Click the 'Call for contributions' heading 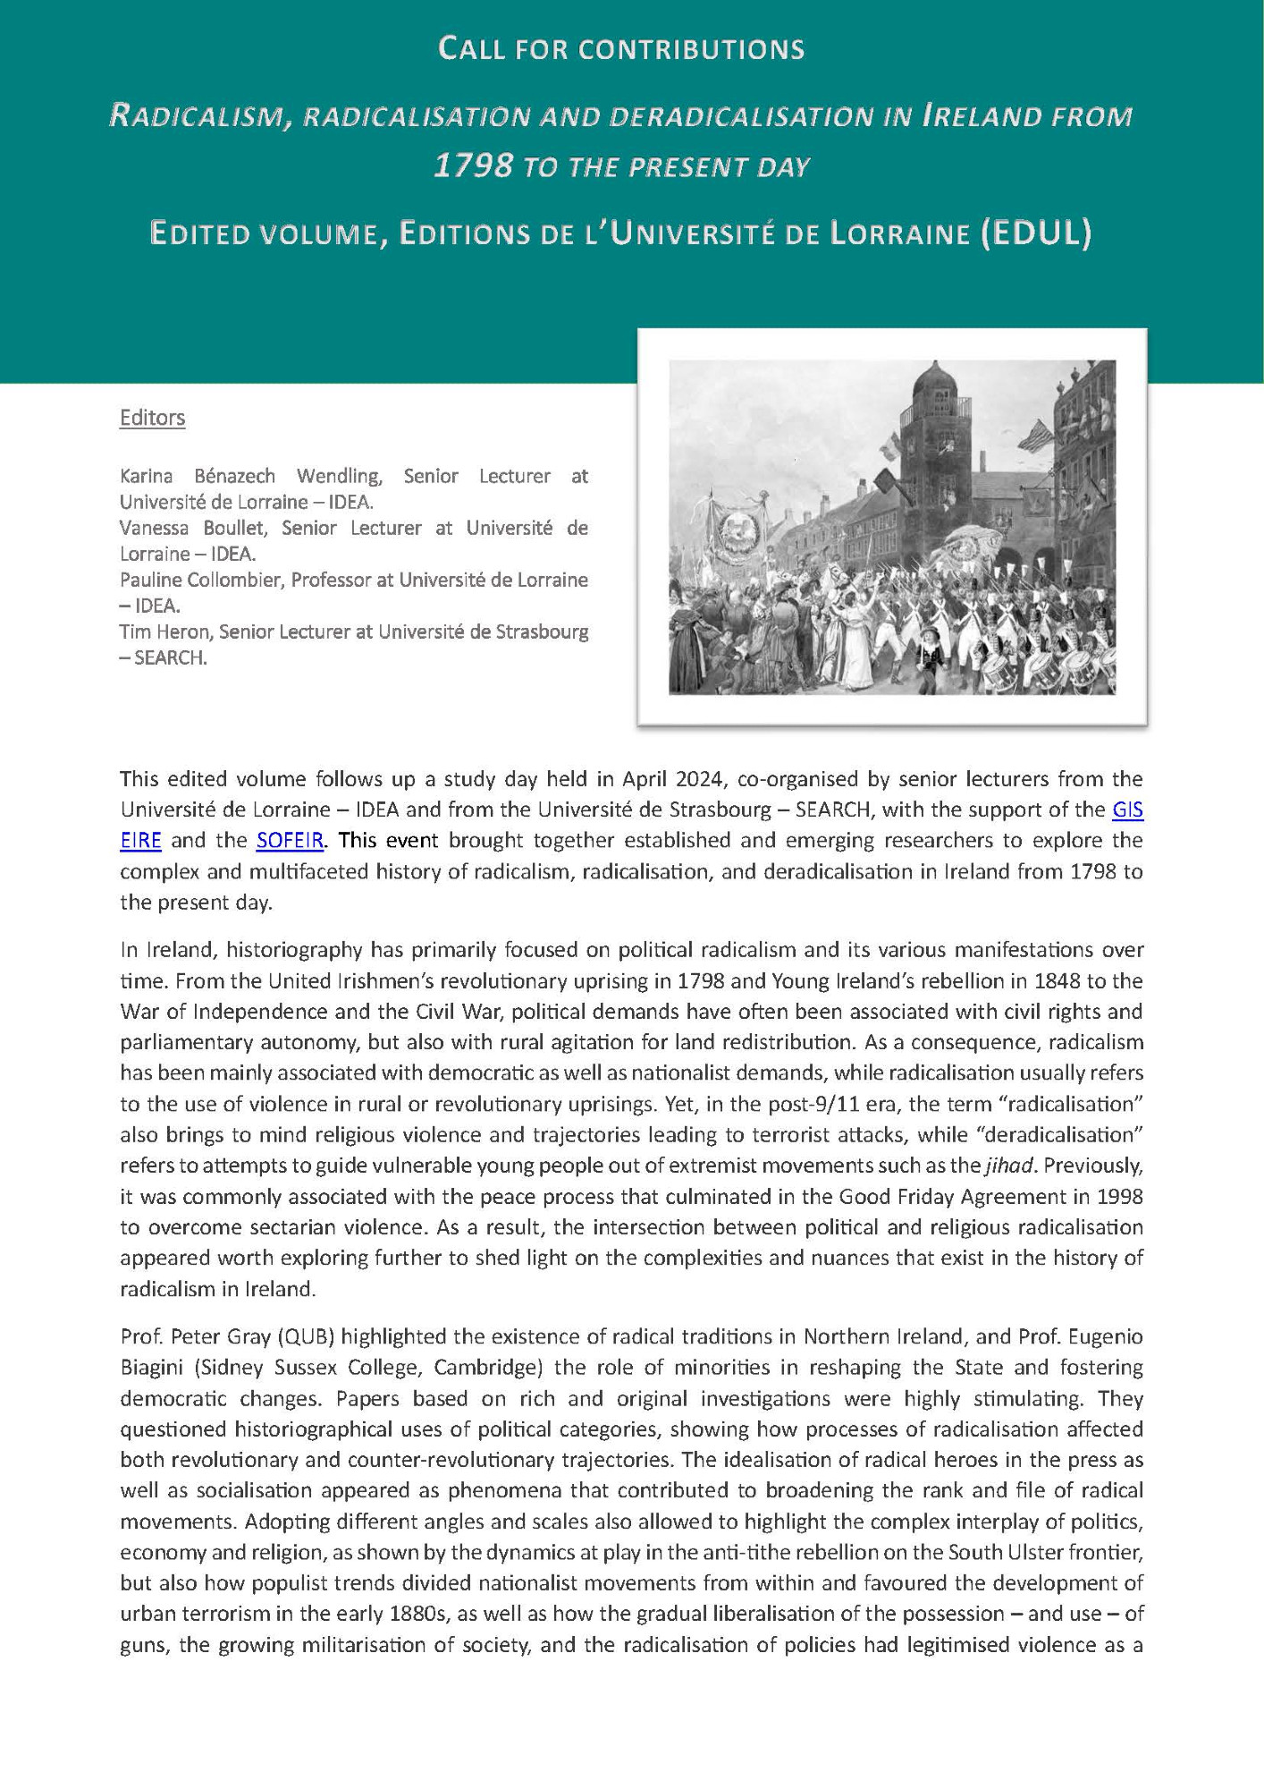pyautogui.click(x=621, y=49)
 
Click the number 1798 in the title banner pyautogui.click(x=473, y=166)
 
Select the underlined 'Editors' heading pyautogui.click(x=152, y=418)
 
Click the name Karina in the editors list pyautogui.click(x=147, y=476)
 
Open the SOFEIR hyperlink pyautogui.click(x=290, y=841)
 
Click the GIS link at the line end pyautogui.click(x=1127, y=810)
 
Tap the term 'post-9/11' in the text pyautogui.click(x=810, y=1104)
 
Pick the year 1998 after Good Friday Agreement pyautogui.click(x=1118, y=1196)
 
